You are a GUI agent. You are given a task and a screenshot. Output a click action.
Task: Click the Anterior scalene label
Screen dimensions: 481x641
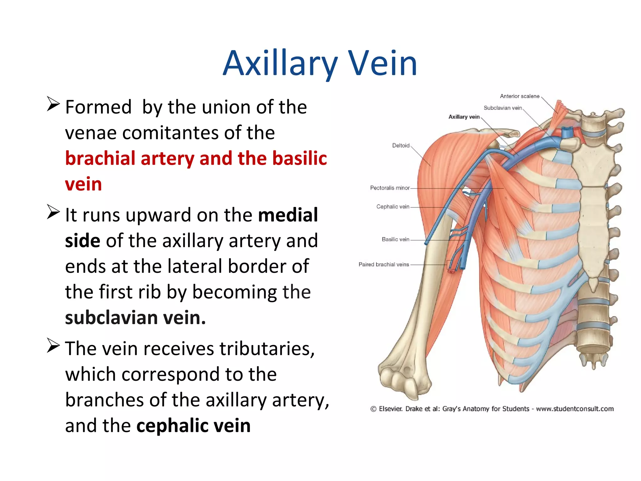point(520,96)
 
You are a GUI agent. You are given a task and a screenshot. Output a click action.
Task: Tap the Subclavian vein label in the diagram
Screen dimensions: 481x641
point(503,108)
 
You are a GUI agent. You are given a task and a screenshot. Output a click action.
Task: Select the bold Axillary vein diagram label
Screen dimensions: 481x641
point(464,117)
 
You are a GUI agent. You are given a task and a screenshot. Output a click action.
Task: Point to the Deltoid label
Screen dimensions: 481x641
point(401,146)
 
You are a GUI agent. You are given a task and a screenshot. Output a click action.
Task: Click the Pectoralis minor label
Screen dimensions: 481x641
point(390,188)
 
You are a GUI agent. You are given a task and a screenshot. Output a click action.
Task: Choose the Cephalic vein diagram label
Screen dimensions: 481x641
point(393,207)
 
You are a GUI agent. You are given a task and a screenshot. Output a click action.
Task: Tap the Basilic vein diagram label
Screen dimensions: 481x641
point(395,240)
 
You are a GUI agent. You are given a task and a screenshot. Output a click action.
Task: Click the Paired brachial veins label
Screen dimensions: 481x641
point(384,265)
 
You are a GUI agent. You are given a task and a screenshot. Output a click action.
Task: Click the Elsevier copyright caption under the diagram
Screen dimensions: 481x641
point(492,409)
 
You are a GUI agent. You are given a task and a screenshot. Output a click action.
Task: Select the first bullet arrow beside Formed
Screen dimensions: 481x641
point(53,104)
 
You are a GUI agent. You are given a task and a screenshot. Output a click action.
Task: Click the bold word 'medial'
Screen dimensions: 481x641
point(288,215)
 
